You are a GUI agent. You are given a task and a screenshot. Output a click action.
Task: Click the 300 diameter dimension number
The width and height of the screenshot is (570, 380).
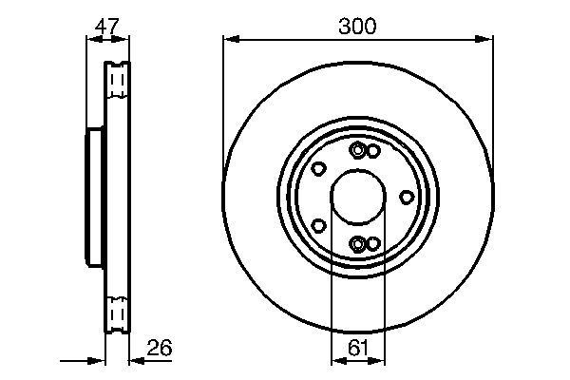(x=357, y=27)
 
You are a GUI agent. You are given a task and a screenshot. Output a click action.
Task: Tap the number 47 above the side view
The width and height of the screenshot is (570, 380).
(x=107, y=27)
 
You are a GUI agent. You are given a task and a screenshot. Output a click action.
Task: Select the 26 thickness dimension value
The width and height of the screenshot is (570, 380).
(x=160, y=350)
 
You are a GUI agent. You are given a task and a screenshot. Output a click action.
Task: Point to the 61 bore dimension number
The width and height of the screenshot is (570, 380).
(x=357, y=348)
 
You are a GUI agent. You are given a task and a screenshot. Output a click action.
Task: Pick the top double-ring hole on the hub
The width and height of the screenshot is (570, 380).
(x=357, y=151)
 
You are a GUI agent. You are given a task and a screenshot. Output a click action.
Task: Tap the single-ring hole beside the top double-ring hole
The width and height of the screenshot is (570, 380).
(x=373, y=152)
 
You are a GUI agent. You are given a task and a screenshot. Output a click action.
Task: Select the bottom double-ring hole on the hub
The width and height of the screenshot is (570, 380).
(x=357, y=244)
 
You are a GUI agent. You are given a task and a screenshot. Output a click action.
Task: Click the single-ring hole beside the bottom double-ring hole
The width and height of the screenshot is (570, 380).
(x=373, y=244)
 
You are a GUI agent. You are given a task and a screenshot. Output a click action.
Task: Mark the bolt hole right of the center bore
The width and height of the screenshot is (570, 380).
(x=407, y=197)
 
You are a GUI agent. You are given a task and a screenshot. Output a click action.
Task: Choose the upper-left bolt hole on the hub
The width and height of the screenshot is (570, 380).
(x=319, y=169)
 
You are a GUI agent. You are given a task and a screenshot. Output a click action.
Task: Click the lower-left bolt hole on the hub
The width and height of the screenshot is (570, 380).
(x=319, y=226)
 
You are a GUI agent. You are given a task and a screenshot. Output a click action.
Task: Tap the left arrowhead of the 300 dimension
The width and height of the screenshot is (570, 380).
(x=229, y=39)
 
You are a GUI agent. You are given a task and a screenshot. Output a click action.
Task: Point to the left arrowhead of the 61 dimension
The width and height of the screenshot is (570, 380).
(x=335, y=361)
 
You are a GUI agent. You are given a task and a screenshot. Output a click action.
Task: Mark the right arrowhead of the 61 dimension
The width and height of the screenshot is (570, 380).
(x=380, y=361)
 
